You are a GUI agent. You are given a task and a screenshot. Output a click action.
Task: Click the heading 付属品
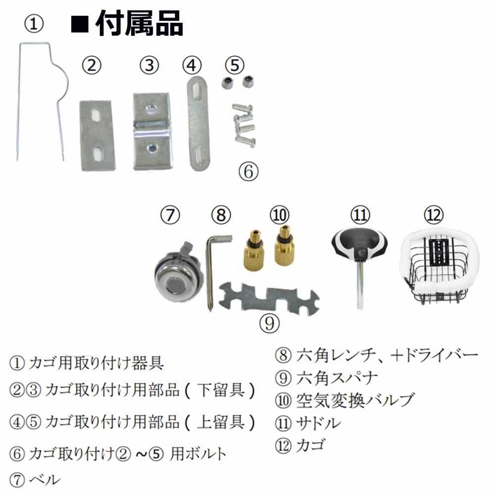tap(139, 24)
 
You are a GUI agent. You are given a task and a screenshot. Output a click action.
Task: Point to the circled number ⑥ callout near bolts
tap(248, 171)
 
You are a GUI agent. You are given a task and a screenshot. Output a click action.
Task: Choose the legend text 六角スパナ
tap(337, 378)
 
